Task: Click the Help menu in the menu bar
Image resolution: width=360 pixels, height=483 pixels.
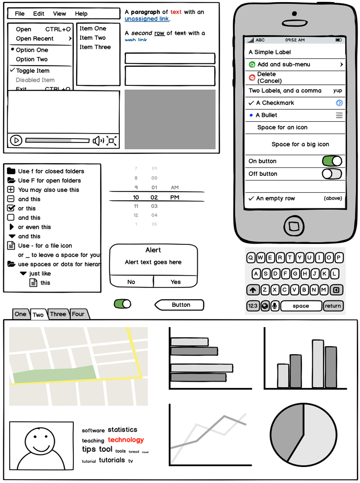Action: pos(81,14)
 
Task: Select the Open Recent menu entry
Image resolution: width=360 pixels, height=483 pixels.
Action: pos(35,39)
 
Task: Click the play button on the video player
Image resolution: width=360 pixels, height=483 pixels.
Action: pos(16,140)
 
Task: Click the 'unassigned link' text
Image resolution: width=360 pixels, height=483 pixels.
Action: pos(147,19)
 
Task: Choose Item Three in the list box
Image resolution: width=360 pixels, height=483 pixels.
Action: pos(95,47)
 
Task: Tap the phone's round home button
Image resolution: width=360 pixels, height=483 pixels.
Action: pos(294,226)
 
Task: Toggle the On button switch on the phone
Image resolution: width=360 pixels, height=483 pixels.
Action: pos(332,161)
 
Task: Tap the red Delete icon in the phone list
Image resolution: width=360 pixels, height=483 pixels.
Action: pos(252,78)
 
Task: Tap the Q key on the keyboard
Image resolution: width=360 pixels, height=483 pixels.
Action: pos(251,258)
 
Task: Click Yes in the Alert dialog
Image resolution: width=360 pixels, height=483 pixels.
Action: pos(176,282)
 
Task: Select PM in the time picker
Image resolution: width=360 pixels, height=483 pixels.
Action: pos(175,197)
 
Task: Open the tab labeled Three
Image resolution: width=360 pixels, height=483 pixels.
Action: pos(58,314)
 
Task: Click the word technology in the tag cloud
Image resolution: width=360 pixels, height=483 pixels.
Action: pos(126,440)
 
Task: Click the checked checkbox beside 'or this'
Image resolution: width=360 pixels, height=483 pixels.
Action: pos(11,208)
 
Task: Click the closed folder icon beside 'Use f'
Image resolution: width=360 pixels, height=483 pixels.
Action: pos(11,171)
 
